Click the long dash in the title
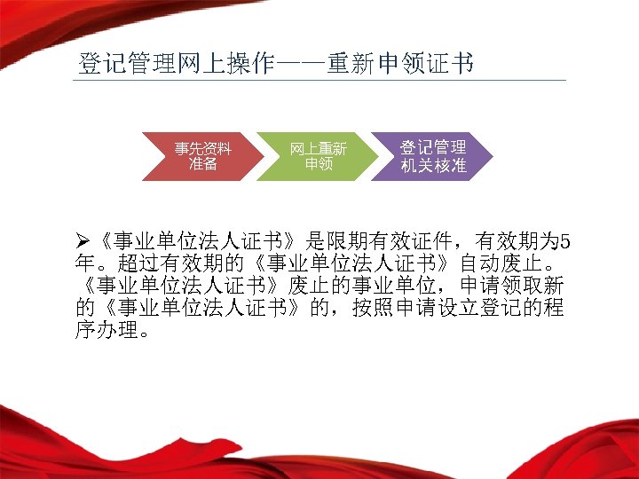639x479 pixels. tap(301, 65)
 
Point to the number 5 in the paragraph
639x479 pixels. tap(567, 240)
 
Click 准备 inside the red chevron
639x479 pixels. tap(202, 164)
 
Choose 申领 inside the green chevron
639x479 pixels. tap(318, 164)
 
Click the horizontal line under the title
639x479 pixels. tap(319, 80)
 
